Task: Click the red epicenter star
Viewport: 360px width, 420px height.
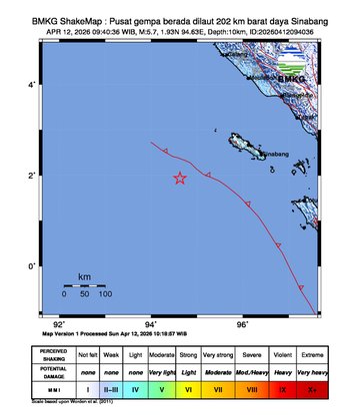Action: point(180,179)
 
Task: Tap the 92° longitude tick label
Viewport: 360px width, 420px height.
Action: point(60,324)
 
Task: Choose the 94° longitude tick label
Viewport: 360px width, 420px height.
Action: point(151,324)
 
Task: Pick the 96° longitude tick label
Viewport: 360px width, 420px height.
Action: point(242,324)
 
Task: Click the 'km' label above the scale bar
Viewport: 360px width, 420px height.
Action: point(84,274)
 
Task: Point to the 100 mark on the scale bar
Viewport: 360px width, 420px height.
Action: point(105,295)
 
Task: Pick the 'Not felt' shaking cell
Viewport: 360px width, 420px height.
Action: point(88,354)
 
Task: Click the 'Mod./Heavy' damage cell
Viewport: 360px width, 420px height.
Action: point(252,371)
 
